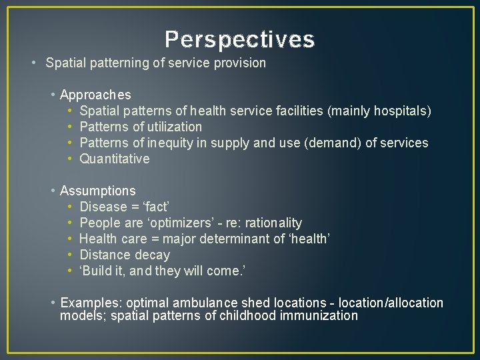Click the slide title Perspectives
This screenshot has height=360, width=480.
pyautogui.click(x=240, y=40)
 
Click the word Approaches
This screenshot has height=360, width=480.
pyautogui.click(x=95, y=95)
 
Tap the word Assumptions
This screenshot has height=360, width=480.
pyautogui.click(x=97, y=191)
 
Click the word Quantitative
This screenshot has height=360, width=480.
pyautogui.click(x=114, y=159)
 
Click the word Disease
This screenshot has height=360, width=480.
pyautogui.click(x=102, y=207)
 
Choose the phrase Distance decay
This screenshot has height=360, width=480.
pyautogui.click(x=125, y=255)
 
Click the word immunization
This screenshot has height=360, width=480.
pyautogui.click(x=317, y=315)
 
